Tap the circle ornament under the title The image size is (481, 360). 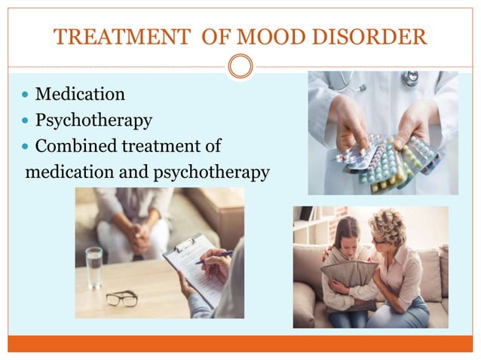(240, 66)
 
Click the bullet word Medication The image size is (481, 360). (80, 95)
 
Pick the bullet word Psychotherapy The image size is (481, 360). (93, 121)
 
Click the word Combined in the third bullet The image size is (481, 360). (76, 145)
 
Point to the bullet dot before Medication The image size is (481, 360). (26, 96)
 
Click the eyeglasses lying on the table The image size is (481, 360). (121, 298)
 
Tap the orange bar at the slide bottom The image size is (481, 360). (240, 343)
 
